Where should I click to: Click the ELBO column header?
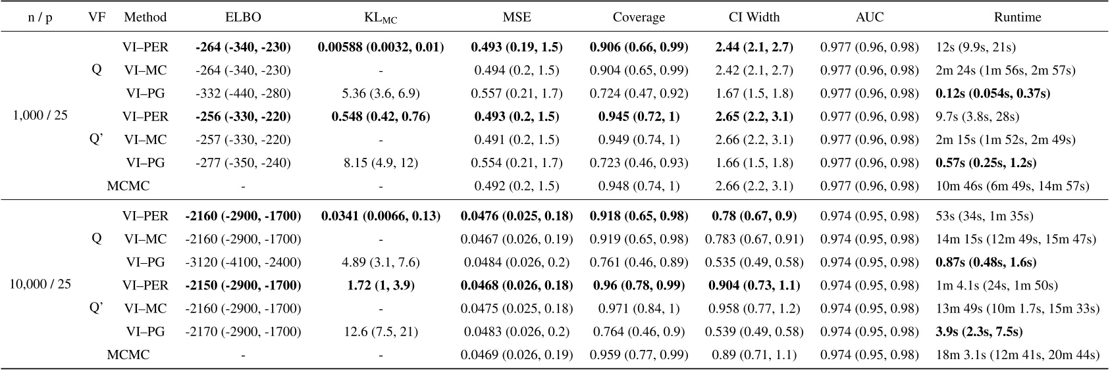243,18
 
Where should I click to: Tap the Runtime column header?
1018,18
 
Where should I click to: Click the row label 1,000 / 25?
40,116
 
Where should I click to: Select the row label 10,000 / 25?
40,285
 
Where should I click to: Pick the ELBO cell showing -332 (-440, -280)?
243,93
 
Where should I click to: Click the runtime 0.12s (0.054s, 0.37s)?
992,93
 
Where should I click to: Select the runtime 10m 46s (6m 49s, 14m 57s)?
1012,186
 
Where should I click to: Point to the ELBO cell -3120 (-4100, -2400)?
243,262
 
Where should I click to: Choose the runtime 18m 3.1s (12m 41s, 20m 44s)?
1017,355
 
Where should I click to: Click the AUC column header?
869,18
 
